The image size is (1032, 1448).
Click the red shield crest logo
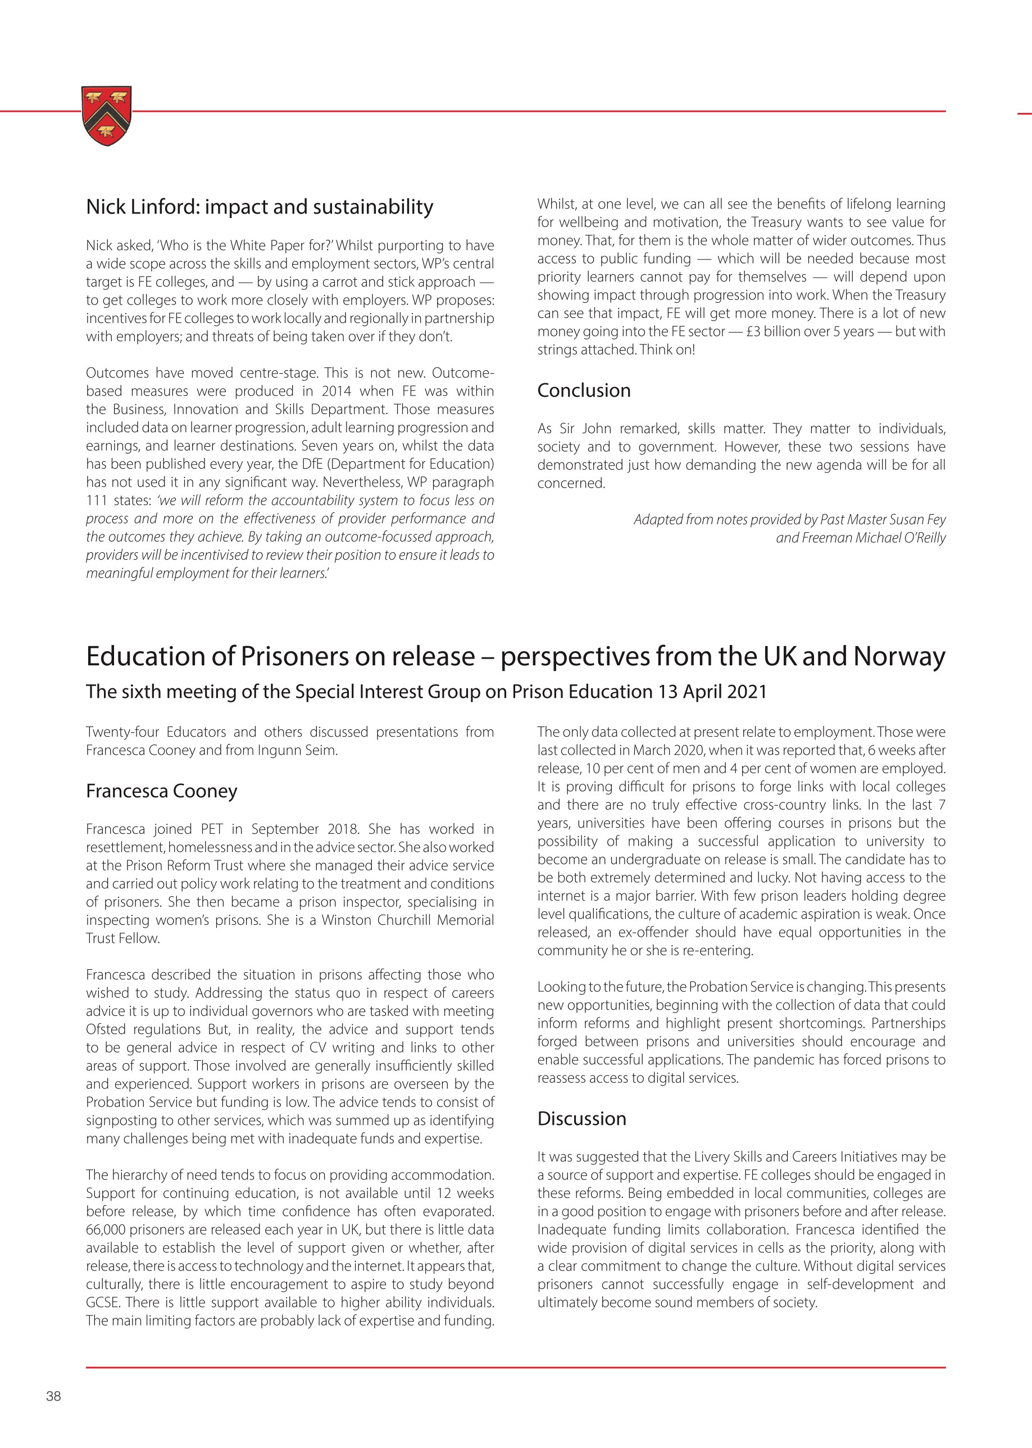click(x=107, y=115)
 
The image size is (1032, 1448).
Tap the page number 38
click(x=53, y=1396)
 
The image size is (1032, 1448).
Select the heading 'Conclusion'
click(x=583, y=391)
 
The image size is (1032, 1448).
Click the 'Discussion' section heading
click(x=581, y=1118)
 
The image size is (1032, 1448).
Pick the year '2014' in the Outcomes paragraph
click(x=336, y=391)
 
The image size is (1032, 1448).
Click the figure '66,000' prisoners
click(x=105, y=1229)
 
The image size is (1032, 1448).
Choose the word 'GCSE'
click(x=102, y=1302)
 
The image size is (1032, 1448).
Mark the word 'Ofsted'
click(x=105, y=1029)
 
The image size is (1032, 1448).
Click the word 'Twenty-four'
click(x=122, y=732)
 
